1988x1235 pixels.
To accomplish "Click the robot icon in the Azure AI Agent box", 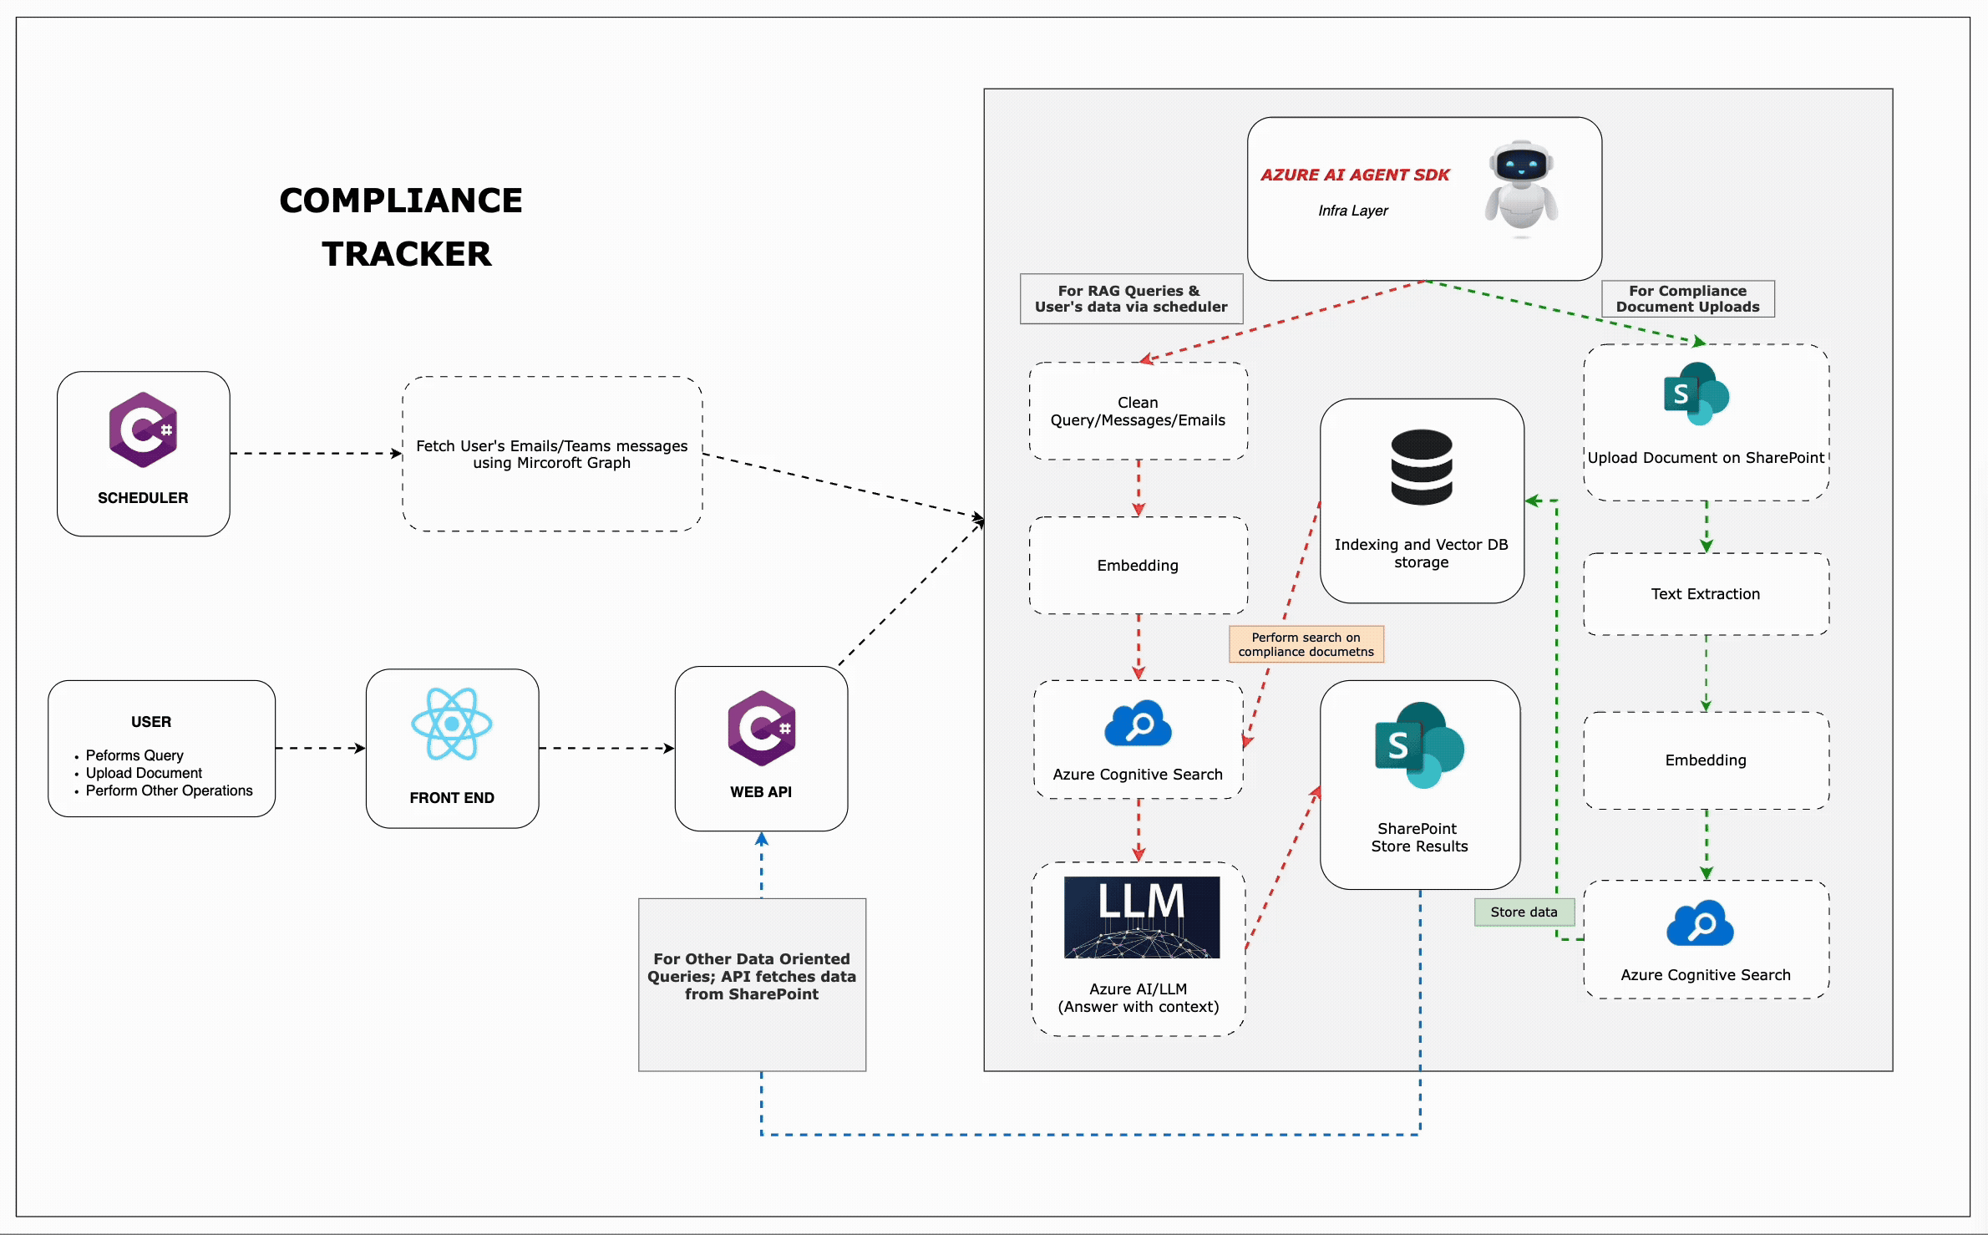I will point(1520,187).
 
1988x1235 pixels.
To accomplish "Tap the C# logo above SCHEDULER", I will point(143,429).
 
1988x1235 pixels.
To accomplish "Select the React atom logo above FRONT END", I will point(452,724).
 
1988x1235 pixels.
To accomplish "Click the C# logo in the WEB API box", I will point(761,728).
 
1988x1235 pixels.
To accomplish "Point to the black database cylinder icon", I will point(1421,467).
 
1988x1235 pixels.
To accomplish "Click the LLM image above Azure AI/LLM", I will point(1141,917).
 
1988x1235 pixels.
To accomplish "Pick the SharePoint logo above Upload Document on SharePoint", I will point(1696,394).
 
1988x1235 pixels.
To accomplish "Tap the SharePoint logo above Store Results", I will point(1419,745).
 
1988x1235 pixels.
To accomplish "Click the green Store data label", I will point(1524,912).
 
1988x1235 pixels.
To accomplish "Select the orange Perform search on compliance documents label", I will point(1306,644).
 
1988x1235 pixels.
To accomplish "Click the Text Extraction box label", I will point(1705,594).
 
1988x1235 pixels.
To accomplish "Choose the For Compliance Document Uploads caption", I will point(1687,299).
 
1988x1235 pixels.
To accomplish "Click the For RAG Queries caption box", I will point(1131,299).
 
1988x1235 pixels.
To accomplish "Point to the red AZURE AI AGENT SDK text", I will point(1355,175).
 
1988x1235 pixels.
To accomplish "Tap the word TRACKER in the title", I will point(407,254).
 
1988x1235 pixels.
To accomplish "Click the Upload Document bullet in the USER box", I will point(144,773).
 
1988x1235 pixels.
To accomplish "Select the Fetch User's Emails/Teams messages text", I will point(551,454).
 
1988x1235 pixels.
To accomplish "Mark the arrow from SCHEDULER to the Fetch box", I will point(316,454).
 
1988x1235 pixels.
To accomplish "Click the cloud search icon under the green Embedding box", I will point(1700,923).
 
